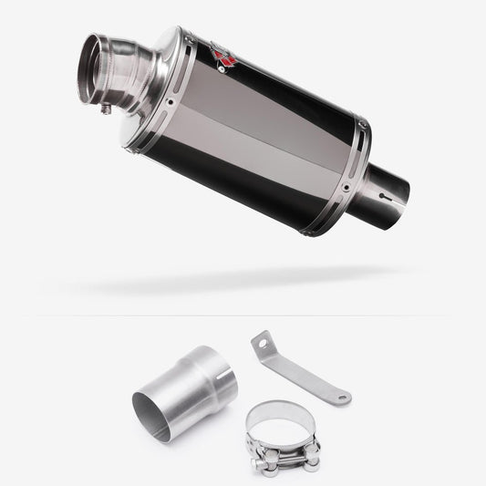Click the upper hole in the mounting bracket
263,344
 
